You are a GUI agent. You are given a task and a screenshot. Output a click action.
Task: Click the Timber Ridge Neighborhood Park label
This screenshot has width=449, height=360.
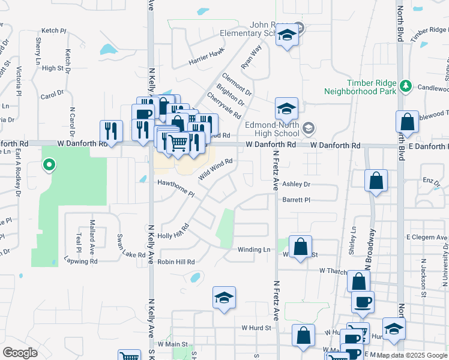point(360,86)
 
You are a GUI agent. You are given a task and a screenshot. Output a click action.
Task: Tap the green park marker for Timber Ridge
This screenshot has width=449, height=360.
point(406,86)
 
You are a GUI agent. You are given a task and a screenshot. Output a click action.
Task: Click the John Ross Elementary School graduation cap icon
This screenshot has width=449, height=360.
point(288,36)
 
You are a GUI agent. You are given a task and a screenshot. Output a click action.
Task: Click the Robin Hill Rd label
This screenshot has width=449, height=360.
point(176,262)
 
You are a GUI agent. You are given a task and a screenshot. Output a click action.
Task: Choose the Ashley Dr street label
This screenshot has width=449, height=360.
point(296,185)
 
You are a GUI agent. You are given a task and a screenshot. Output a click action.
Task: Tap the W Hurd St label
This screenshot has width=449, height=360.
point(257,328)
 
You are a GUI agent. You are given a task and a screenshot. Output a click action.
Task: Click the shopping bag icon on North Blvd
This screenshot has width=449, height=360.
point(408,122)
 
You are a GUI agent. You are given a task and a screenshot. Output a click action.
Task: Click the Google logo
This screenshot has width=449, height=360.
point(20,353)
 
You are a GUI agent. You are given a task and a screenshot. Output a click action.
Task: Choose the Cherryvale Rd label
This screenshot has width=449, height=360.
point(224,105)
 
